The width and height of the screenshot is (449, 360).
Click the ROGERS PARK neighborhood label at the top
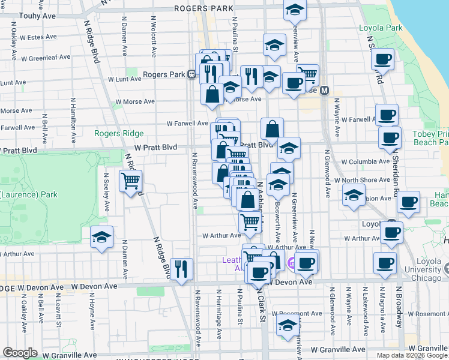pyautogui.click(x=203, y=8)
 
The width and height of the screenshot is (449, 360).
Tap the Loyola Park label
pyautogui.click(x=381, y=28)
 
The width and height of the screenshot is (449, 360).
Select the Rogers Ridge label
pyautogui.click(x=119, y=133)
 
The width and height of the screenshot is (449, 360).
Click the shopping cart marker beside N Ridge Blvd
pyautogui.click(x=130, y=179)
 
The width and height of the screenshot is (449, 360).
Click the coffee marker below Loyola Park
pyautogui.click(x=382, y=59)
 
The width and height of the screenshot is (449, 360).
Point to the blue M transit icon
pyautogui.click(x=325, y=90)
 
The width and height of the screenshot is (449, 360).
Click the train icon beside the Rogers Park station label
pyautogui.click(x=191, y=74)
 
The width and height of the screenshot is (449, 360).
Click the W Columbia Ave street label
pyautogui.click(x=365, y=161)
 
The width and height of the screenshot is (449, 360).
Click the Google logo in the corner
pyautogui.click(x=20, y=353)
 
